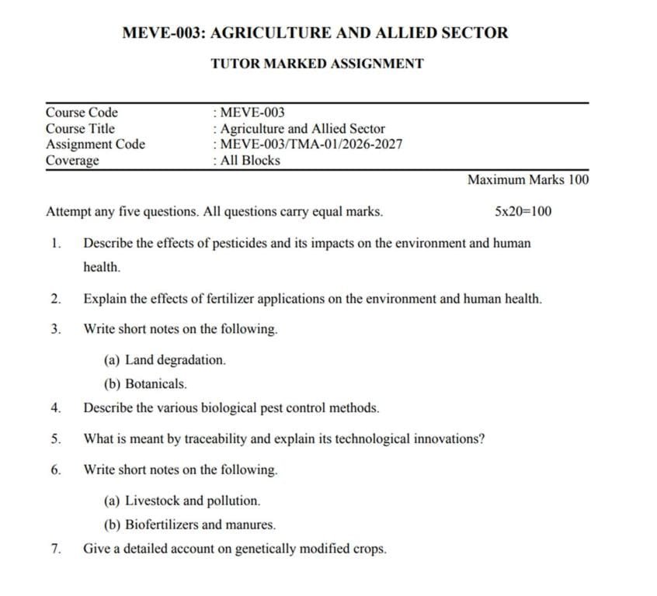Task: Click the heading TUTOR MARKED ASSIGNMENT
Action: click(317, 64)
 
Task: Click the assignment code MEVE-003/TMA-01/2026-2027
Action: click(311, 144)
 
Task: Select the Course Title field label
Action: click(80, 129)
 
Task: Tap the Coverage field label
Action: click(72, 161)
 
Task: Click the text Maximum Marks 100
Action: click(528, 180)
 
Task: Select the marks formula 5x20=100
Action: click(523, 211)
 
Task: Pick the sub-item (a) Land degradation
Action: click(165, 360)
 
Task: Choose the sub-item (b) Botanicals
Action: click(145, 383)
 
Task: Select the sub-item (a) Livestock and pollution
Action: click(182, 501)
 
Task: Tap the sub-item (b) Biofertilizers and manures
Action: click(189, 525)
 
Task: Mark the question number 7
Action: click(55, 549)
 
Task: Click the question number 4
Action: click(55, 407)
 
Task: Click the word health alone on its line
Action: click(102, 267)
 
